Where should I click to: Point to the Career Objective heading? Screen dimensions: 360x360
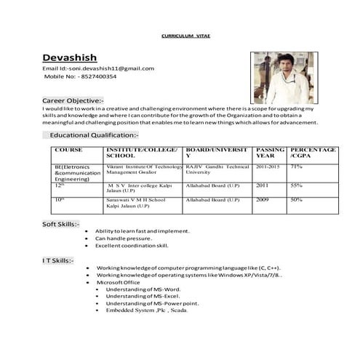[x=73, y=100]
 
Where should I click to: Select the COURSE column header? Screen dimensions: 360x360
[x=68, y=149]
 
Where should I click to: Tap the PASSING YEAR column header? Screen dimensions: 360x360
[x=270, y=153]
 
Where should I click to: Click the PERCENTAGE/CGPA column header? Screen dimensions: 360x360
[x=313, y=153]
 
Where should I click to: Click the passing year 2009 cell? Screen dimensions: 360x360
[x=263, y=199]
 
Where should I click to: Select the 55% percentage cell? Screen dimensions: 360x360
[x=297, y=185]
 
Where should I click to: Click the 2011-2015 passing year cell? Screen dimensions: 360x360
[x=268, y=167]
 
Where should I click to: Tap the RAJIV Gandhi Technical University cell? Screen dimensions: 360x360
[x=217, y=169]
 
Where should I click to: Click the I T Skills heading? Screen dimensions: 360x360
[x=58, y=260]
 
